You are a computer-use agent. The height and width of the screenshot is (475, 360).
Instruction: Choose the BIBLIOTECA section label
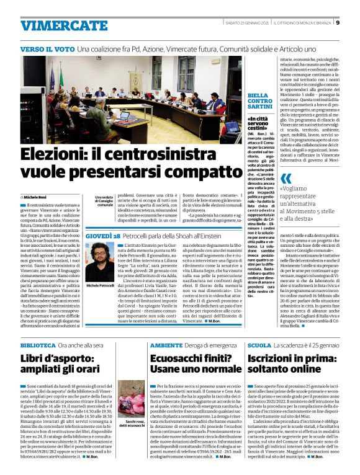38,344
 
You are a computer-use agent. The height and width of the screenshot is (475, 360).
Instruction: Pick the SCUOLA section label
259,344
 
